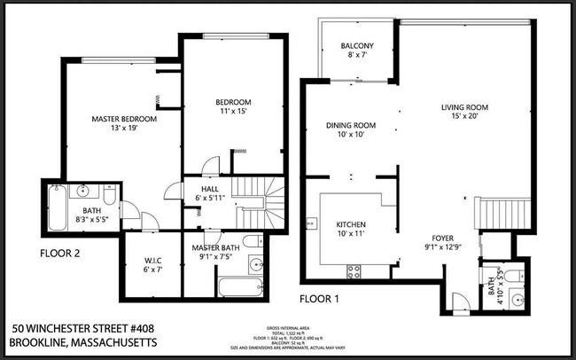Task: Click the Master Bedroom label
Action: [124, 118]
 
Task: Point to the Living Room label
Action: [465, 108]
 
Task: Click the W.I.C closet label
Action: [153, 260]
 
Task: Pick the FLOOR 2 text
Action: [60, 253]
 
